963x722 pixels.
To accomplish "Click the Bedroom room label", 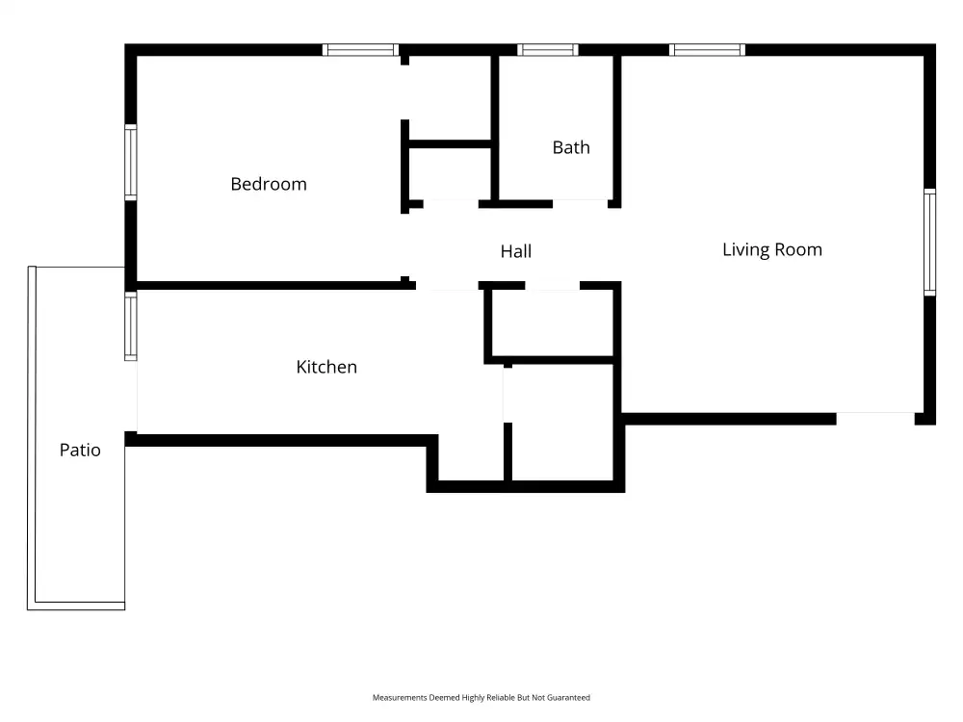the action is tap(269, 184).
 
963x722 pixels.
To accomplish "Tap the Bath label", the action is tap(571, 147).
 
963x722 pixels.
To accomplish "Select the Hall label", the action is tap(516, 251).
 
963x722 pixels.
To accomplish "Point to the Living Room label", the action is tap(772, 249).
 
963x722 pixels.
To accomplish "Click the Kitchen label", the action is tap(326, 367).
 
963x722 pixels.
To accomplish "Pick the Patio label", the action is tap(80, 450).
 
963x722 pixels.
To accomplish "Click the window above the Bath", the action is tap(548, 50).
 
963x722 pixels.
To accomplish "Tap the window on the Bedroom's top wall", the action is tap(360, 50).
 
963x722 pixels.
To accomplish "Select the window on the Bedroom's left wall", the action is tap(131, 162).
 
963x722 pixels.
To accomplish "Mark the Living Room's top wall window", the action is tap(708, 50).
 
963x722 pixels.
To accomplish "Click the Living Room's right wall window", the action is tap(930, 242).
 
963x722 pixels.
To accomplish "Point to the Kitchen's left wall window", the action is tap(131, 326).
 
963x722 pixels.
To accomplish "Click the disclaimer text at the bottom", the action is tap(481, 697).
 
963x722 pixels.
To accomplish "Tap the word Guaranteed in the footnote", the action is tap(568, 697).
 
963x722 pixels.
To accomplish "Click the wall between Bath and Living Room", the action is tap(617, 131).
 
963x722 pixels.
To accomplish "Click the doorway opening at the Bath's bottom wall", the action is tap(581, 203).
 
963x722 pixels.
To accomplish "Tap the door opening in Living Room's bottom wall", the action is tap(875, 419).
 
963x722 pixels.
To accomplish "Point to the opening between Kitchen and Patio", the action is tap(131, 396).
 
